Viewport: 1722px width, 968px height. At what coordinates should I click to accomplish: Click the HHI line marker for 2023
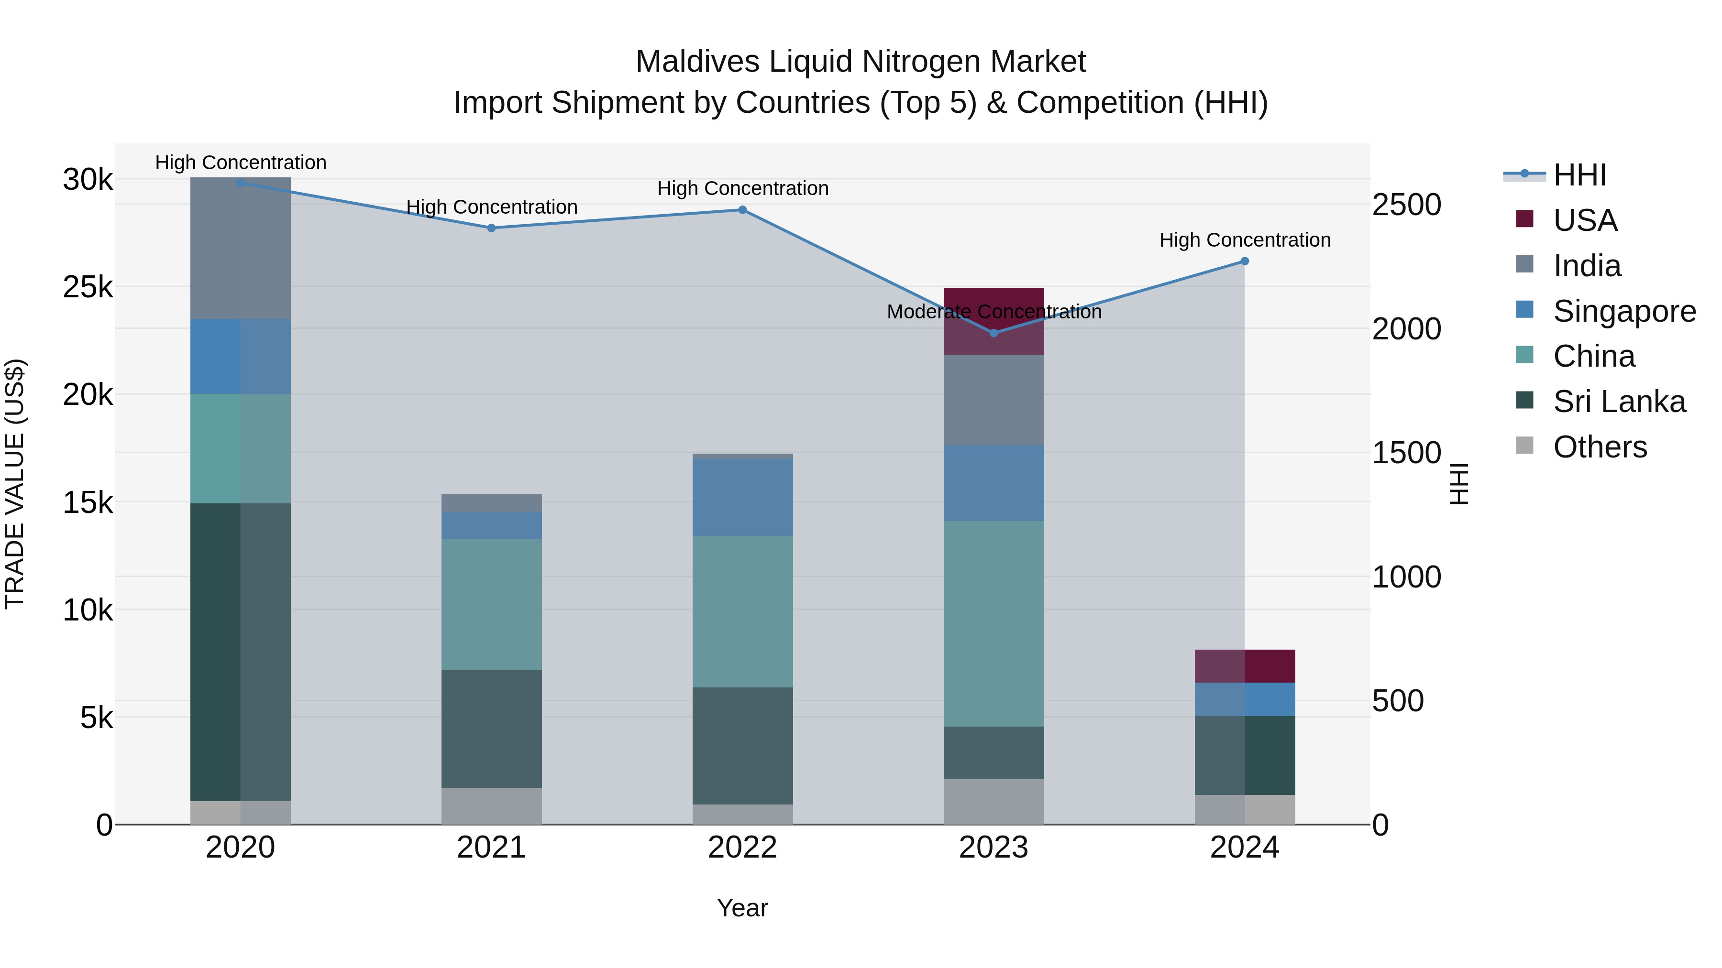993,333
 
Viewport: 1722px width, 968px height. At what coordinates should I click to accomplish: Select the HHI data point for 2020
241,183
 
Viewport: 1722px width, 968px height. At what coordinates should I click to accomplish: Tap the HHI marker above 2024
1244,261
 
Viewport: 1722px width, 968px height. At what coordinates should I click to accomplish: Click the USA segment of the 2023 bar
993,321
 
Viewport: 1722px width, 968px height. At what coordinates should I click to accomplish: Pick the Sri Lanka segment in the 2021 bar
491,728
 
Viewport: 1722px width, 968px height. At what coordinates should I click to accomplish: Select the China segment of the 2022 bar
742,611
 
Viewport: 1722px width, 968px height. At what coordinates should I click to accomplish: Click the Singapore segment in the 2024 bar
1244,699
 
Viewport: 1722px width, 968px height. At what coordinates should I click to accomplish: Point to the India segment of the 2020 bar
241,248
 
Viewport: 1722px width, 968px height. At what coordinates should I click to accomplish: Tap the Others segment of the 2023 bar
993,801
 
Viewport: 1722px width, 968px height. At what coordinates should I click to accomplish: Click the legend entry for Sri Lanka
1618,402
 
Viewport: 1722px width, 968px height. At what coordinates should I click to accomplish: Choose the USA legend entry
1584,220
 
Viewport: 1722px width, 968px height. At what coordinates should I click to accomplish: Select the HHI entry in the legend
1579,175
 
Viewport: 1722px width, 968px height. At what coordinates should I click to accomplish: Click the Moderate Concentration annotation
993,312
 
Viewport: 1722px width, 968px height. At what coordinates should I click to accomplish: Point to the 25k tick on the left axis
88,287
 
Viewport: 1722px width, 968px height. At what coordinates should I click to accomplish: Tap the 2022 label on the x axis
742,848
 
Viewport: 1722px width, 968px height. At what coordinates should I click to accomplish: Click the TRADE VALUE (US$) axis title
15,484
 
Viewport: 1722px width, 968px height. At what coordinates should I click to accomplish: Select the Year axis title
742,908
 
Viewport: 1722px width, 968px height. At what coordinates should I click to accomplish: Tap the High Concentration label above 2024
1244,240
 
